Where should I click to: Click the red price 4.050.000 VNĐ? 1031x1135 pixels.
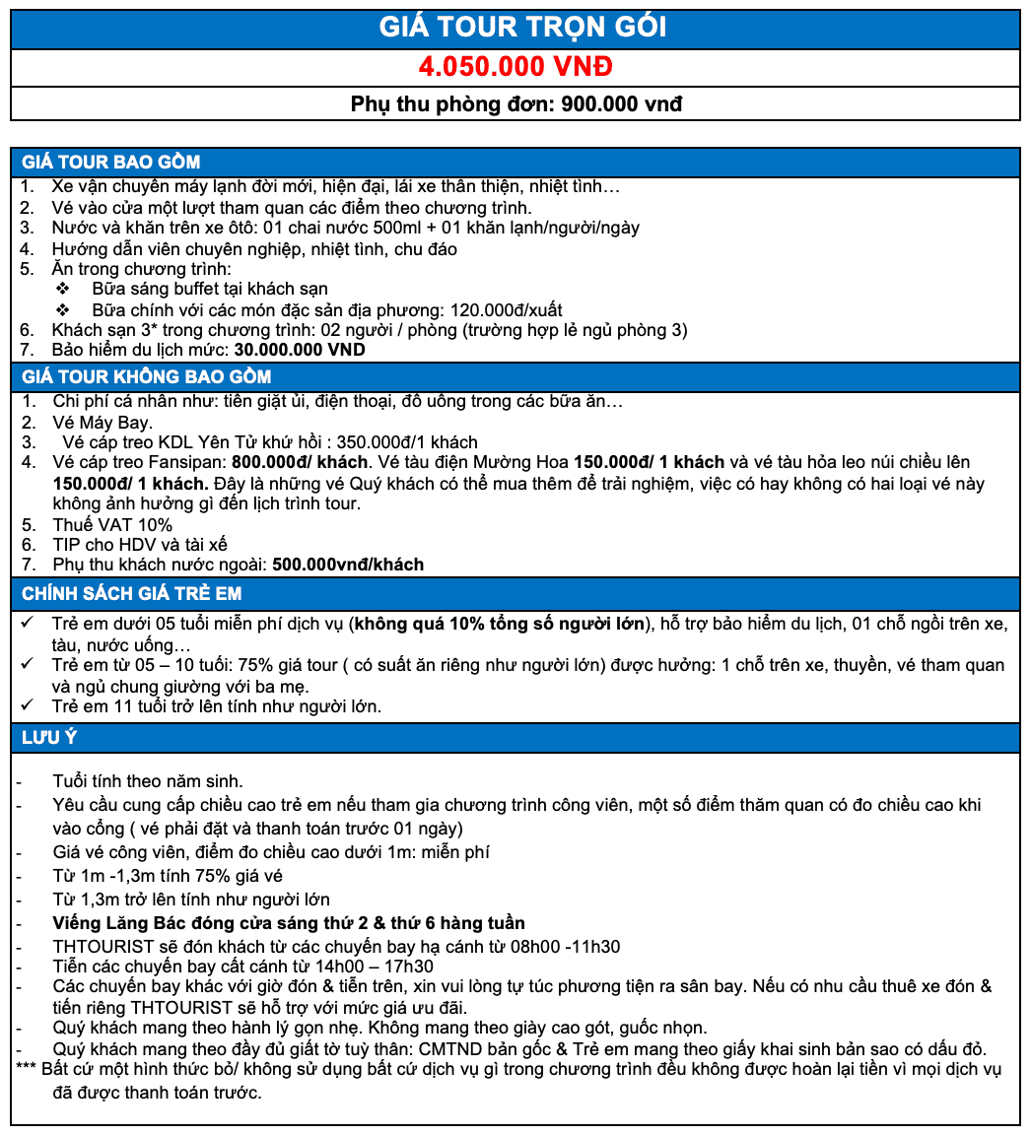pyautogui.click(x=515, y=67)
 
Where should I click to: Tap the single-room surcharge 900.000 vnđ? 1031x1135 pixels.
pyautogui.click(x=621, y=103)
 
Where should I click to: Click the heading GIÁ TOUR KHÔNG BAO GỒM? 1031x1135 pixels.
pyautogui.click(x=146, y=376)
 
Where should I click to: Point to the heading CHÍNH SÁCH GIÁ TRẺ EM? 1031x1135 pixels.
pyautogui.click(x=131, y=593)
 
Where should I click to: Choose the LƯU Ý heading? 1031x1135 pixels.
pyautogui.click(x=49, y=738)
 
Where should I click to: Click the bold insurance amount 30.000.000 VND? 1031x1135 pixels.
pyautogui.click(x=299, y=350)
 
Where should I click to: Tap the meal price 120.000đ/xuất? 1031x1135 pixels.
pyautogui.click(x=506, y=309)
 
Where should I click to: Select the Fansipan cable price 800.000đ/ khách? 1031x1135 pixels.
pyautogui.click(x=298, y=462)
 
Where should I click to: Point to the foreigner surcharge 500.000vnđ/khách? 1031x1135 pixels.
pyautogui.click(x=348, y=565)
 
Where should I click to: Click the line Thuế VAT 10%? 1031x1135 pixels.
pyautogui.click(x=111, y=524)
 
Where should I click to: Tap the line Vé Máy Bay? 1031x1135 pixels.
pyautogui.click(x=102, y=423)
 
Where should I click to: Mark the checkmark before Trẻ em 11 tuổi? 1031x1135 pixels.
pyautogui.click(x=29, y=705)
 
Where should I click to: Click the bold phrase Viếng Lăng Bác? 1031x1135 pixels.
pyautogui.click(x=115, y=923)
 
